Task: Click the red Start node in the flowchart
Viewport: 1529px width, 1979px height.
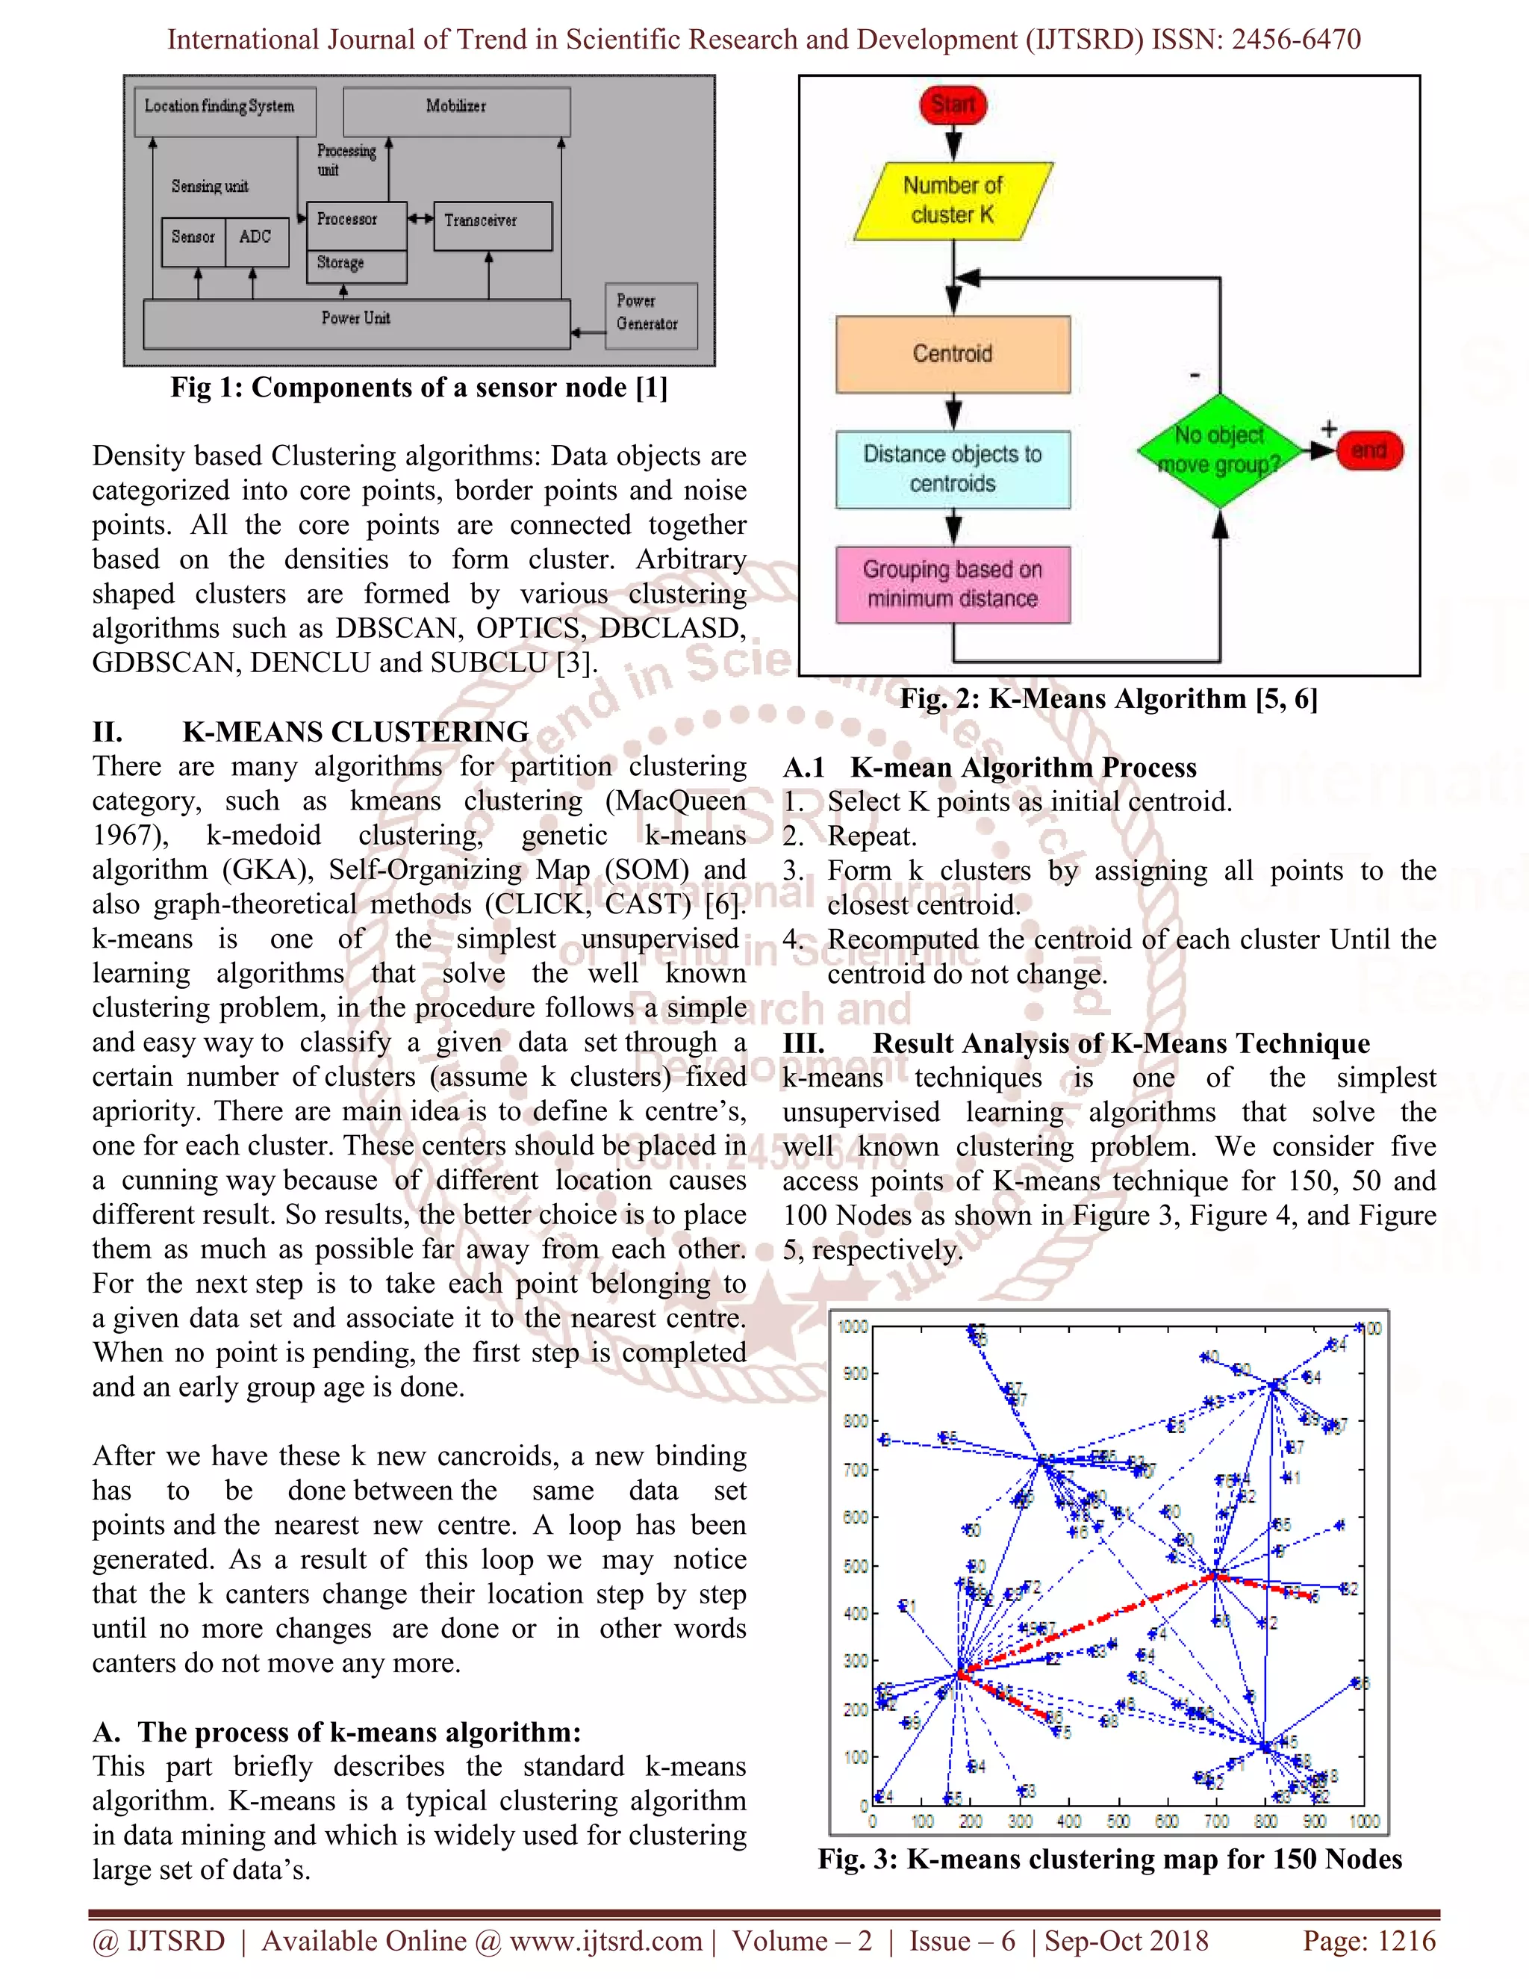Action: pos(953,105)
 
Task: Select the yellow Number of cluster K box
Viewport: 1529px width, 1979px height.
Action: pos(952,200)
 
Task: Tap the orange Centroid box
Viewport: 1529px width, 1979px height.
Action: pos(953,353)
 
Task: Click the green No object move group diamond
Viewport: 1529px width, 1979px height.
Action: pos(1219,450)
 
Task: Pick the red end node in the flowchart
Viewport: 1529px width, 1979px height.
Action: pos(1368,450)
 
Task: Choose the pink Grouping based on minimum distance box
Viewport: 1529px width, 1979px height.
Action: pos(953,585)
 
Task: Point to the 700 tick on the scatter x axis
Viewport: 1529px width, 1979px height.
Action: pos(1215,1821)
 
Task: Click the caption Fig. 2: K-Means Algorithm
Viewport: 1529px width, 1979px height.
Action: pos(1108,699)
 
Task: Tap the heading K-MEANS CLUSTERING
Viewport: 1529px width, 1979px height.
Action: pos(355,732)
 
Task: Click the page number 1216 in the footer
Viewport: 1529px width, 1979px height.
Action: pos(1407,1941)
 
